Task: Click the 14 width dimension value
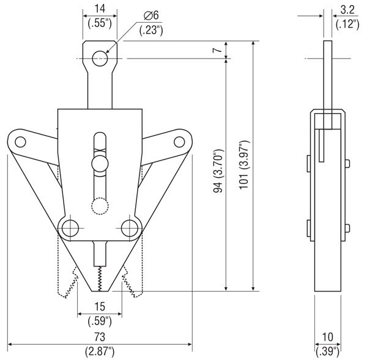click(98, 9)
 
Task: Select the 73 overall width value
click(100, 337)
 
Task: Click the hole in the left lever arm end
click(20, 142)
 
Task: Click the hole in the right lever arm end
click(179, 142)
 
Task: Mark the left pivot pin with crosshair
click(70, 228)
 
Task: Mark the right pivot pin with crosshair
click(128, 228)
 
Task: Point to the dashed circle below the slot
click(99, 206)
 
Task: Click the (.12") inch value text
click(347, 24)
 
